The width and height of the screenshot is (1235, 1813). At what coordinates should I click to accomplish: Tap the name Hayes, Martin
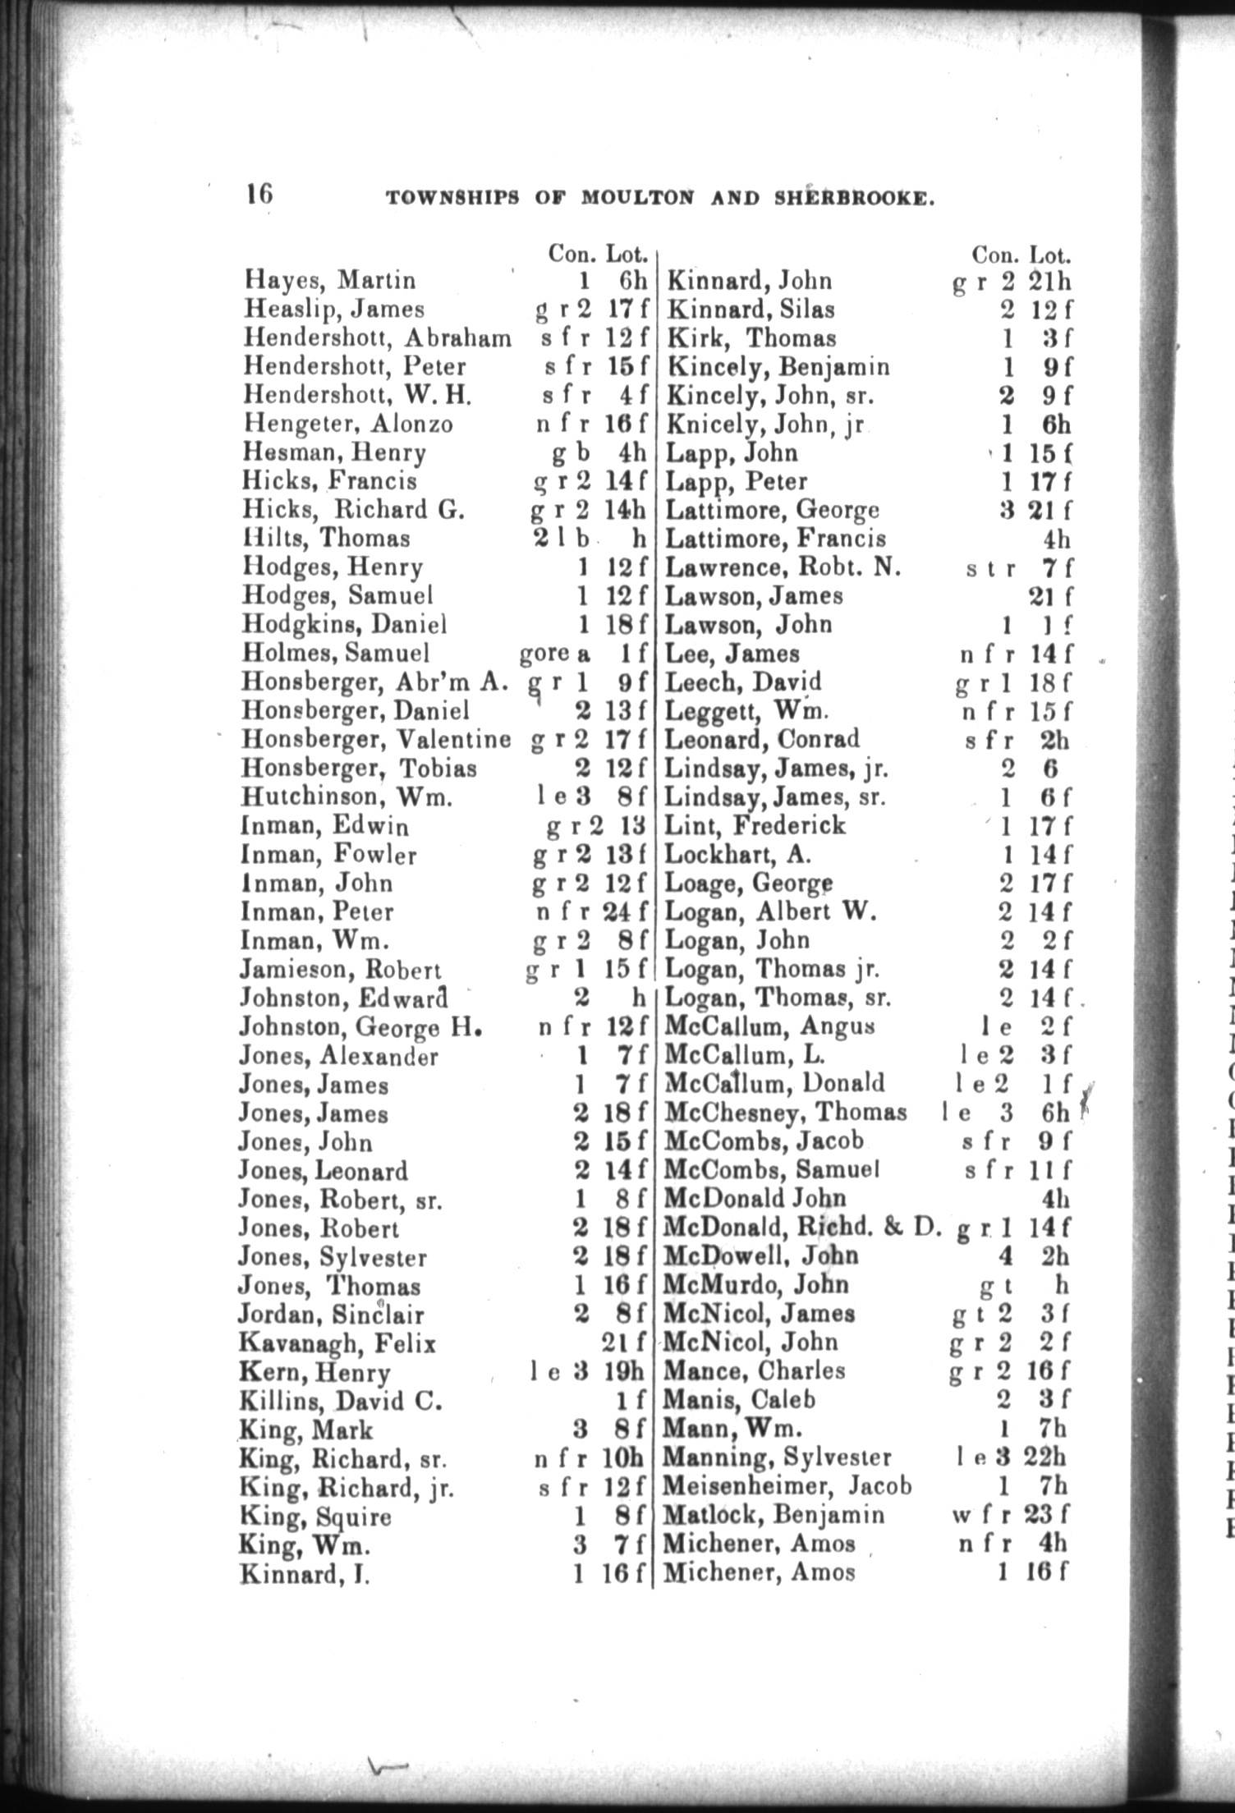click(x=330, y=281)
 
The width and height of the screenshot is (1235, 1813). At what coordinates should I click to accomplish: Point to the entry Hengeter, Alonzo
click(x=347, y=424)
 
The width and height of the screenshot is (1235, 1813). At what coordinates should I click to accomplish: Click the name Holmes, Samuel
click(x=336, y=654)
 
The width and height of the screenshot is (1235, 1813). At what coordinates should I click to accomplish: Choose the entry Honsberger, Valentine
click(x=375, y=740)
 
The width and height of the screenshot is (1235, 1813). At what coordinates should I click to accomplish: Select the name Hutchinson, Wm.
click(x=347, y=797)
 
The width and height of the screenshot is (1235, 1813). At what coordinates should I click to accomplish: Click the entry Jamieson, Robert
click(x=340, y=970)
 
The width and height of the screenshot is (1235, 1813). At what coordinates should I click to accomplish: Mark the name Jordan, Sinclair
click(x=331, y=1315)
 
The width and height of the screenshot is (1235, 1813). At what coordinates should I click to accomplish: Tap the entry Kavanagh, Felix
click(x=337, y=1343)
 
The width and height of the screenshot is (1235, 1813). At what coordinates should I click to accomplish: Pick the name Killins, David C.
click(x=341, y=1401)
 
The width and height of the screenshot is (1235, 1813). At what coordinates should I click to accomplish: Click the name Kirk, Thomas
click(x=751, y=338)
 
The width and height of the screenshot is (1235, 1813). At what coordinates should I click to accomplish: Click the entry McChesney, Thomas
click(x=785, y=1113)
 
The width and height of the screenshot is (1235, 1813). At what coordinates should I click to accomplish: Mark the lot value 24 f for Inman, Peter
click(x=628, y=912)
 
